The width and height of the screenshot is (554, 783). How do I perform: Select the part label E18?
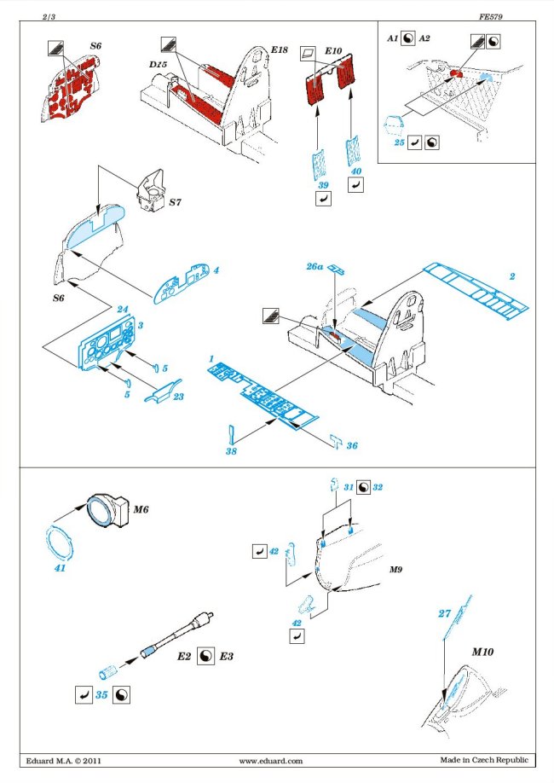(277, 50)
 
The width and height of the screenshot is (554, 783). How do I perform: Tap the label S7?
(176, 203)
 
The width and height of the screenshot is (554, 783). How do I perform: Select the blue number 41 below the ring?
(60, 566)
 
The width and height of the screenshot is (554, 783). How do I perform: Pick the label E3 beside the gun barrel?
(226, 657)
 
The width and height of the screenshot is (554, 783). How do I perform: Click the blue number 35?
(101, 695)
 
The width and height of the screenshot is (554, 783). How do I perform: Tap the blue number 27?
(443, 612)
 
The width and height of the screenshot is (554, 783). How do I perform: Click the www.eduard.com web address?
(271, 760)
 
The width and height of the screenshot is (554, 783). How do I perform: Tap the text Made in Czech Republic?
(483, 760)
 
